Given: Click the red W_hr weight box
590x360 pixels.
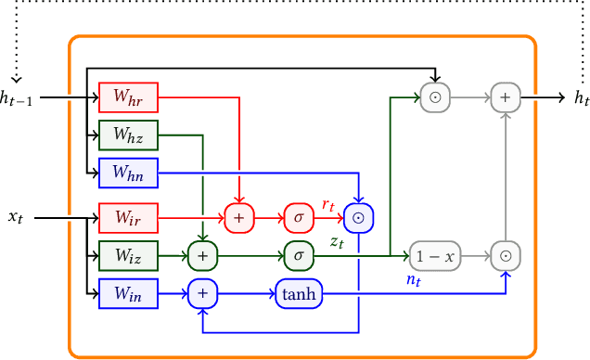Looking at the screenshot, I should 128,96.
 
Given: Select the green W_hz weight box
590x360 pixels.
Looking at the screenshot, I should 128,134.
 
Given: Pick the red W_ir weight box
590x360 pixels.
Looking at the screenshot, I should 128,217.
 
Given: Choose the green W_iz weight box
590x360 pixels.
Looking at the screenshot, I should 128,254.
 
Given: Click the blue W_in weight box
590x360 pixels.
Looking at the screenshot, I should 128,294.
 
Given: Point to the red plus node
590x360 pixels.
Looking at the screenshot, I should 238,217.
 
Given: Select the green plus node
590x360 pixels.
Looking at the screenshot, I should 201,254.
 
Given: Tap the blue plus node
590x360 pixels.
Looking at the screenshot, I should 201,294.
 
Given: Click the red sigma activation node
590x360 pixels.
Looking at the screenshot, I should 298,217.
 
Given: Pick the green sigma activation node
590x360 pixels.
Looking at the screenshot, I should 298,254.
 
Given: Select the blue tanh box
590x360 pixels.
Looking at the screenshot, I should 298,294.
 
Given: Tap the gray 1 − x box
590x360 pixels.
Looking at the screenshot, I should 435,255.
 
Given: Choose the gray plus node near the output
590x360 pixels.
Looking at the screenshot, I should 506,96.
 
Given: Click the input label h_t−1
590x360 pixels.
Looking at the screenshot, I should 17,97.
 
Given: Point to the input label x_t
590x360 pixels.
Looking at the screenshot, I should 16,217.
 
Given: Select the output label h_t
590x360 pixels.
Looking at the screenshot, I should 581,97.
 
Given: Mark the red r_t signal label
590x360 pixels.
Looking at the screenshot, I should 327,204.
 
